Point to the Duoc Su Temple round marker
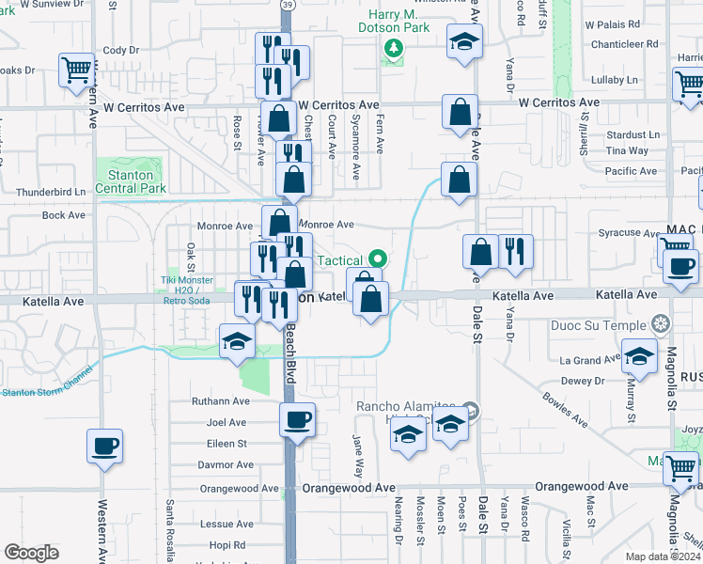pyautogui.click(x=663, y=323)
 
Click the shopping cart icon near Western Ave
pyautogui.click(x=76, y=69)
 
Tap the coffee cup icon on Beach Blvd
pyautogui.click(x=298, y=419)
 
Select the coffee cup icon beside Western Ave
pyautogui.click(x=104, y=446)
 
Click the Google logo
pyautogui.click(x=31, y=553)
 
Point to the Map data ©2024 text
pyautogui.click(x=662, y=556)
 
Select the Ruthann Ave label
pyautogui.click(x=220, y=399)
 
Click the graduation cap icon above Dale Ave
pyautogui.click(x=462, y=43)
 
